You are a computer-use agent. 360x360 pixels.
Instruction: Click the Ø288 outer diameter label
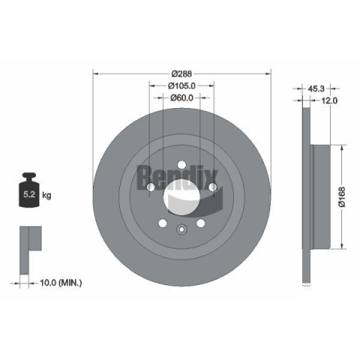click(181, 73)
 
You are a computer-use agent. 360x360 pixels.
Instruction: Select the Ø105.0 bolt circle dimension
click(181, 85)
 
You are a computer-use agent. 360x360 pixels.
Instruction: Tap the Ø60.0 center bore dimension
click(181, 98)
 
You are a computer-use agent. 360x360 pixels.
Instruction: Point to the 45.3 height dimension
click(316, 88)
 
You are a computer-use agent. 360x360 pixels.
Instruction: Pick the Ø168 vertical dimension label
click(342, 196)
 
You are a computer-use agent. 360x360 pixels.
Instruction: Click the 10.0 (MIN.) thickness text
click(61, 283)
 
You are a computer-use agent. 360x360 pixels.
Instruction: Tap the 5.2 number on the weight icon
click(29, 194)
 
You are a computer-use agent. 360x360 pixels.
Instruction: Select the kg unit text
click(46, 195)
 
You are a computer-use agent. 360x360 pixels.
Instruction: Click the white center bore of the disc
click(181, 196)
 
